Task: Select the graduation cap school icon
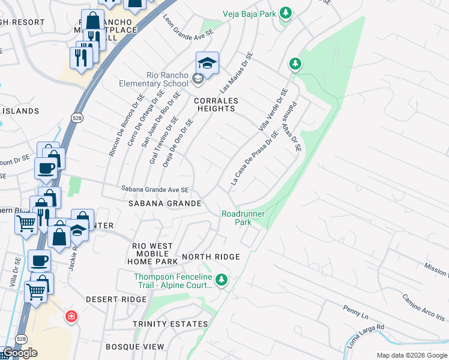[207, 64]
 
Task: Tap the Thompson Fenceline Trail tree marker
[221, 280]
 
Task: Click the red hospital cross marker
[71, 316]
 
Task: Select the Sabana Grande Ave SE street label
[155, 190]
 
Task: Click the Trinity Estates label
[170, 324]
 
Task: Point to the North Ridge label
[211, 257]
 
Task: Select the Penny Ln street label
[355, 313]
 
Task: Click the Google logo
[20, 353]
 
